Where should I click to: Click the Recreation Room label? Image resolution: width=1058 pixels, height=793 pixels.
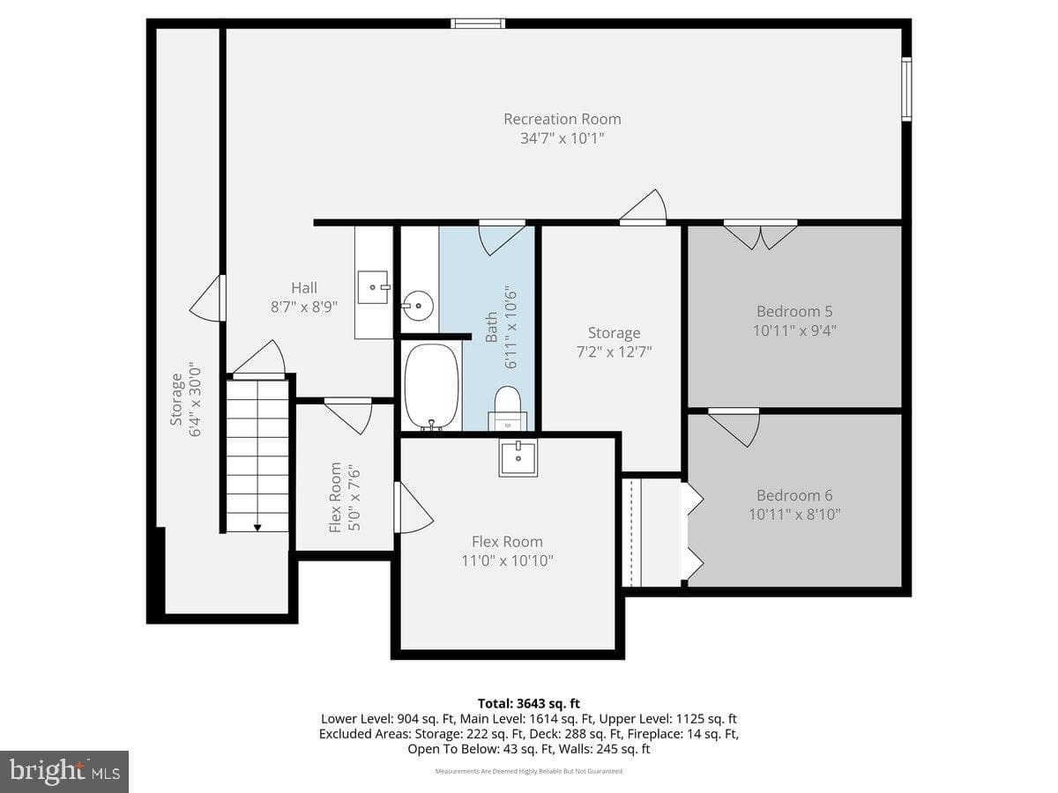pyautogui.click(x=562, y=119)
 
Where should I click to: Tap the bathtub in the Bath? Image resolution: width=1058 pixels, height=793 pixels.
pyautogui.click(x=431, y=386)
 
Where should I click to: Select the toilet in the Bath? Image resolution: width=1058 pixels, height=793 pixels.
pyautogui.click(x=508, y=408)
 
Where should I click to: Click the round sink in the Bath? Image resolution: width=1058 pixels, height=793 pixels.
pyautogui.click(x=418, y=305)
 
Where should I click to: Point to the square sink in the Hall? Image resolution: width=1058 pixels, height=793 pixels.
pyautogui.click(x=373, y=287)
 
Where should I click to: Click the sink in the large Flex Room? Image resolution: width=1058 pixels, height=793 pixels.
pyautogui.click(x=518, y=458)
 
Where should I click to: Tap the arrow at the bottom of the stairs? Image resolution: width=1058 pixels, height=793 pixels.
pyautogui.click(x=257, y=528)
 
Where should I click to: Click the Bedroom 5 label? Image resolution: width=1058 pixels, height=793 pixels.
pyautogui.click(x=794, y=312)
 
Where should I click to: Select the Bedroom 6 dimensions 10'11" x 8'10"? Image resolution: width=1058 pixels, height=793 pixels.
pyautogui.click(x=794, y=515)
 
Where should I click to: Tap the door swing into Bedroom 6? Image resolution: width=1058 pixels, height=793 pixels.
pyautogui.click(x=734, y=427)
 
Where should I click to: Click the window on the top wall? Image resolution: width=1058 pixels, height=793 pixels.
pyautogui.click(x=478, y=24)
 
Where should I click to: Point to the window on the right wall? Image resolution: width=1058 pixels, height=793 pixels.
pyautogui.click(x=906, y=89)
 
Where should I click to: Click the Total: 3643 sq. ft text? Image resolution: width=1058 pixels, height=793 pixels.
pyautogui.click(x=529, y=703)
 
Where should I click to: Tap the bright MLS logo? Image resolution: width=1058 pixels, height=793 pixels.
pyautogui.click(x=64, y=771)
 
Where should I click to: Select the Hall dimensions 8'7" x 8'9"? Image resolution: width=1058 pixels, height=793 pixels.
pyautogui.click(x=304, y=307)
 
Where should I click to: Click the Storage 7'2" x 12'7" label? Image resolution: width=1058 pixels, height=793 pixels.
pyautogui.click(x=614, y=343)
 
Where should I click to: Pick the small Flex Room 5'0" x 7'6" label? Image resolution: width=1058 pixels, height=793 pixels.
pyautogui.click(x=344, y=497)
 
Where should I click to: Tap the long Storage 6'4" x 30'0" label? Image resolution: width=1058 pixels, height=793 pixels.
pyautogui.click(x=185, y=400)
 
